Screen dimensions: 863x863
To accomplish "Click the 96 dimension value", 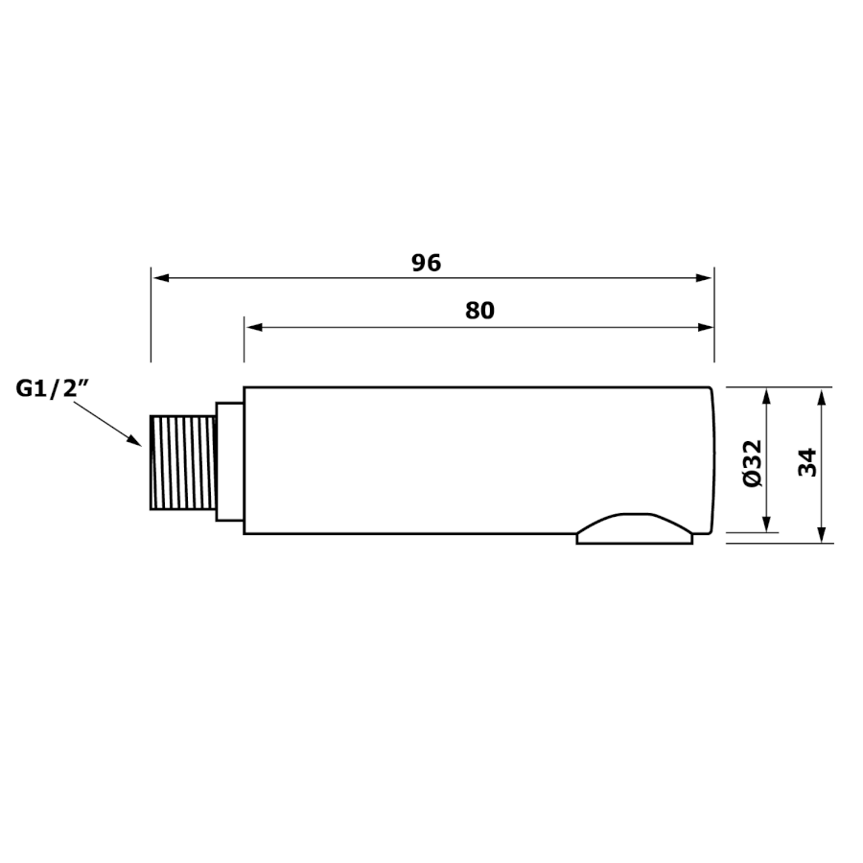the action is (x=427, y=263).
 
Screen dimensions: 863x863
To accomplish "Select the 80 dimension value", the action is (x=480, y=311).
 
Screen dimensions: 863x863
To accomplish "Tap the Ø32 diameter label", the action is (x=752, y=463).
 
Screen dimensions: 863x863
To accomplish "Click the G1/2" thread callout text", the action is (x=53, y=389).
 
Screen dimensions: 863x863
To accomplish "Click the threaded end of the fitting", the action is (x=183, y=463).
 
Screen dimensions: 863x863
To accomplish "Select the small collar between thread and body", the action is (x=229, y=461).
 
